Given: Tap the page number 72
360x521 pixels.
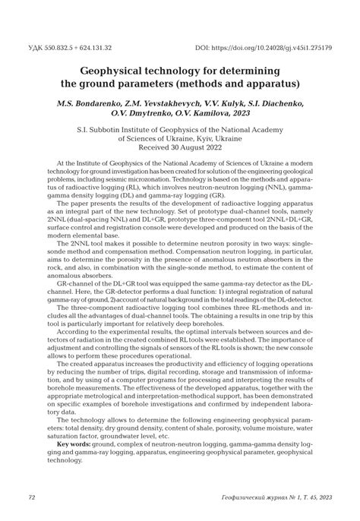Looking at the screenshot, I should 32,497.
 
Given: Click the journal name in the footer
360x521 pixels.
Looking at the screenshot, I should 270,497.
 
